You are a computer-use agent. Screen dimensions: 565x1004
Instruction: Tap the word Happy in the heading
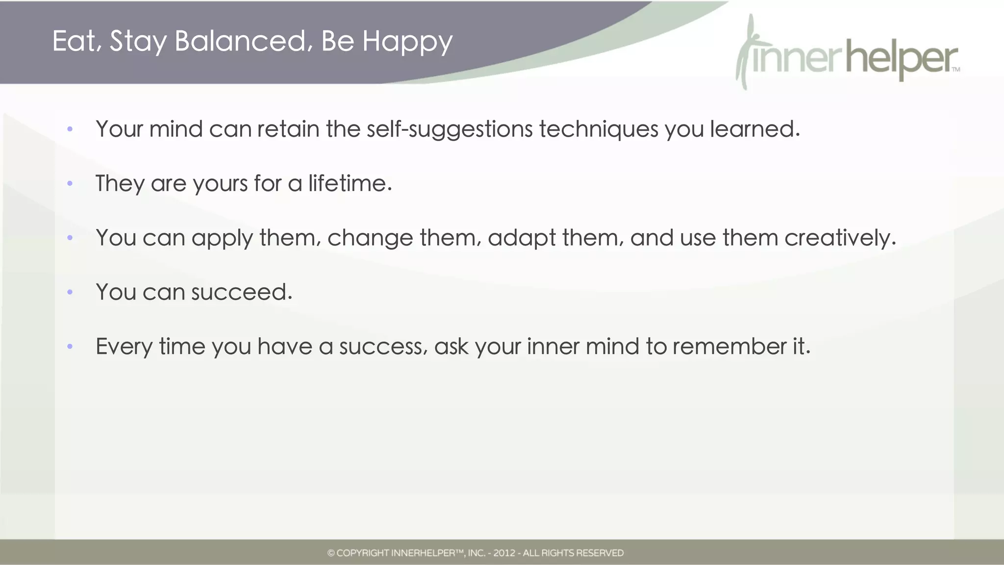[x=407, y=42]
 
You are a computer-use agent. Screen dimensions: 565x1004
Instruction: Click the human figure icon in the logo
[x=747, y=51]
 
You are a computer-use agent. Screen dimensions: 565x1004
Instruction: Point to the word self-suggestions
[x=449, y=129]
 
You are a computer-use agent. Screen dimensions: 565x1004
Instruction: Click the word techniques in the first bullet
[x=599, y=129]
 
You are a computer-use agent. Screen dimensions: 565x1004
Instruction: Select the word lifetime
[x=350, y=183]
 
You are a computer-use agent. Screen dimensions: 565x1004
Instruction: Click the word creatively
[x=840, y=238]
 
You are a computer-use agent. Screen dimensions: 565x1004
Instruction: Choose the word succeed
[x=241, y=292]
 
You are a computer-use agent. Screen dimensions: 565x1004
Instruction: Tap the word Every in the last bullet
[x=124, y=346]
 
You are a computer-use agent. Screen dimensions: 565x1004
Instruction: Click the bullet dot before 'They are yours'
[x=70, y=184]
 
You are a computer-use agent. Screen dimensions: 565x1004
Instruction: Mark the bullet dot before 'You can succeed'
[x=70, y=293]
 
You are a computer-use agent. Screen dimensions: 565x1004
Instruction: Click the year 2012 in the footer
[x=504, y=553]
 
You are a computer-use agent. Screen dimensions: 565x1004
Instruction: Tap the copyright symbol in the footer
[x=331, y=553]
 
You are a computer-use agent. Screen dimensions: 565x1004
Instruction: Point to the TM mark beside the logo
[x=955, y=70]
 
